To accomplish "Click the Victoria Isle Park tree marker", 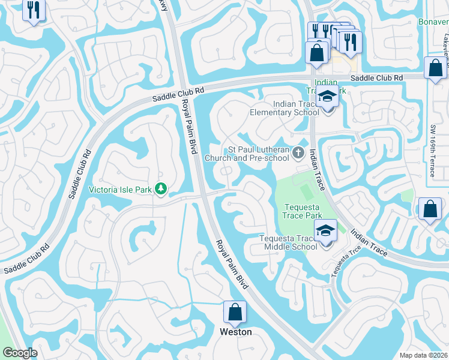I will (x=161, y=189).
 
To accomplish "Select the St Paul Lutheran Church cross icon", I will (x=299, y=154).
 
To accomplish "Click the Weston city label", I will (x=236, y=331).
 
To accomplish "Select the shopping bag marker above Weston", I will (x=235, y=313).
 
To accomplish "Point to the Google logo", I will (x=19, y=352).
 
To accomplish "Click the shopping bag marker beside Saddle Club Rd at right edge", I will (x=435, y=69).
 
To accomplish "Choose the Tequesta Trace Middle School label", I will (x=288, y=242).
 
